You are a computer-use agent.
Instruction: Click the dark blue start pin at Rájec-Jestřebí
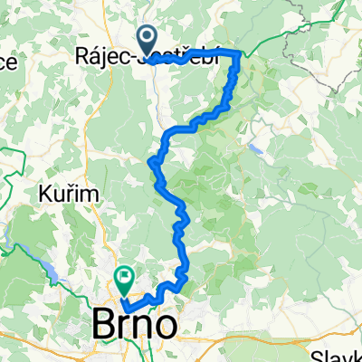pos(147,39)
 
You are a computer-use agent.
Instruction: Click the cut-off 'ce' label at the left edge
pos(8,62)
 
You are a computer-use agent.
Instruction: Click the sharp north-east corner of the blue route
pos(240,55)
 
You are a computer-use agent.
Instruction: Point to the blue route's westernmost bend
pos(149,161)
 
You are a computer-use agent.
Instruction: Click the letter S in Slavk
pos(319,356)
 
